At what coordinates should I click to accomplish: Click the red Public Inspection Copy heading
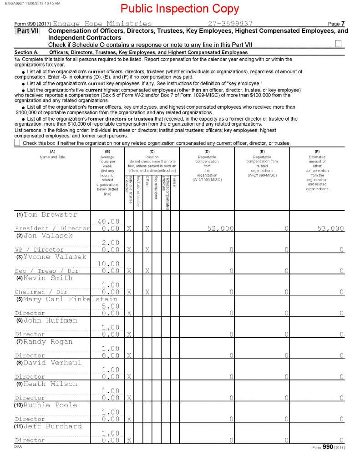[x=180, y=9]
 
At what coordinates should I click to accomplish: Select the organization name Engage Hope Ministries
[x=102, y=23]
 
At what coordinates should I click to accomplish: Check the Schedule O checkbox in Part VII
[x=338, y=44]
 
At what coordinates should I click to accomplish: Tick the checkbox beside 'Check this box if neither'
[x=17, y=142]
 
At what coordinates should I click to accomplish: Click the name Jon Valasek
[x=45, y=236]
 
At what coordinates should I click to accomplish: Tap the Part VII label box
[x=24, y=30]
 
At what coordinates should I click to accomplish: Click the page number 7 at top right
[x=343, y=23]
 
